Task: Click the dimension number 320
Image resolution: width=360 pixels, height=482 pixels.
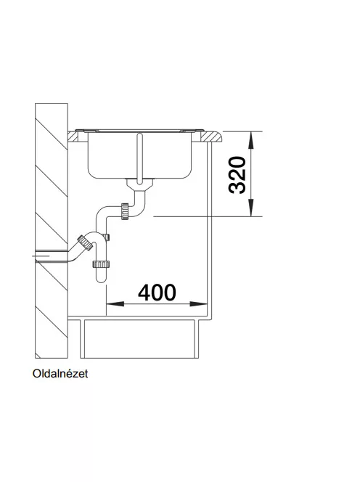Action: click(x=237, y=175)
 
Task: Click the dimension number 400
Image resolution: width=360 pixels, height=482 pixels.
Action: click(x=157, y=293)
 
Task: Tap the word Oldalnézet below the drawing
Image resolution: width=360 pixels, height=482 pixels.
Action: click(x=60, y=374)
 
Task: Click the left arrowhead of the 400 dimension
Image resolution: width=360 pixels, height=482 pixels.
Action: click(x=115, y=304)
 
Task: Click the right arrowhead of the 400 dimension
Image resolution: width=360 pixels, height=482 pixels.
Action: click(x=199, y=304)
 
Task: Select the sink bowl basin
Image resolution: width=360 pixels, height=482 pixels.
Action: click(x=140, y=155)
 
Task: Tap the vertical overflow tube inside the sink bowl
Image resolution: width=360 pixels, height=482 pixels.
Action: click(x=140, y=158)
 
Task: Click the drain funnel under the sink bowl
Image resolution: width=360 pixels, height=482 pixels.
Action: click(x=140, y=184)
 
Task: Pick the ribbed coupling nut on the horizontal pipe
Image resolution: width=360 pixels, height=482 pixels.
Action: click(x=125, y=211)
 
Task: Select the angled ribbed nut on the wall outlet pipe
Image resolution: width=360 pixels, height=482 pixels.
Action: click(x=85, y=243)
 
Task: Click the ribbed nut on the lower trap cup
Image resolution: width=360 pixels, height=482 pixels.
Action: click(x=101, y=264)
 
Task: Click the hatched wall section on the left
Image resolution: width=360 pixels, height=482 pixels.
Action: click(x=52, y=231)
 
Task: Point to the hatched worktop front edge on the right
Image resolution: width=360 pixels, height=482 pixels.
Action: click(x=211, y=136)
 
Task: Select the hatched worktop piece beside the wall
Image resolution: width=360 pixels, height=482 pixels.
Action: click(x=75, y=136)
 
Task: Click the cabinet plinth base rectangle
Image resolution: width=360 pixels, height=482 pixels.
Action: click(x=139, y=339)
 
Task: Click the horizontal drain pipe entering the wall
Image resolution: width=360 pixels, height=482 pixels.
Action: click(x=52, y=256)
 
